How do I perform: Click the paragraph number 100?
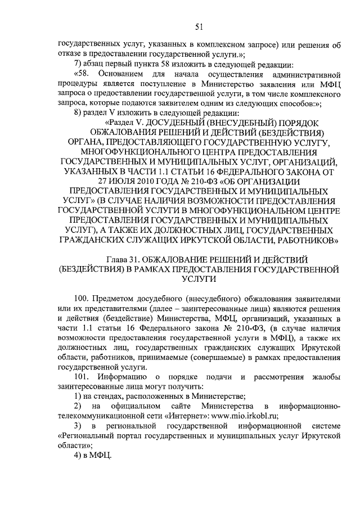82,298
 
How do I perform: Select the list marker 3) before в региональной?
79,426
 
